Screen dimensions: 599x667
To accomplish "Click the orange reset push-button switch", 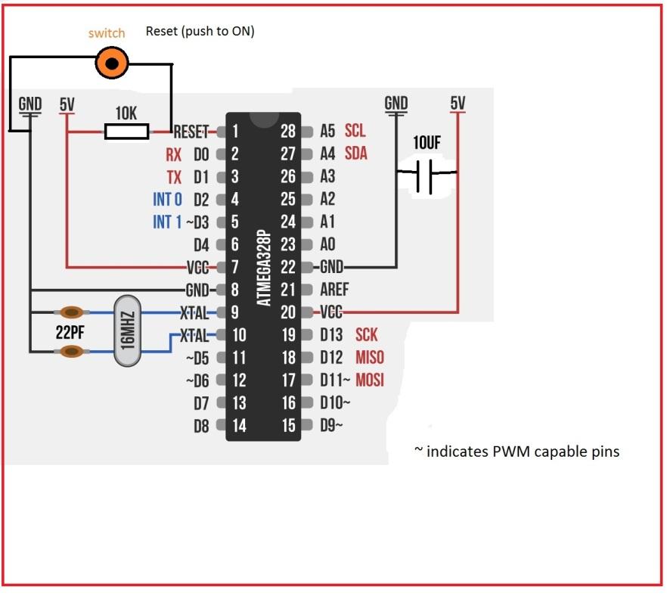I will click(x=112, y=64).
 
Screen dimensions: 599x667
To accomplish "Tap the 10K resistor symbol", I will click(x=126, y=132).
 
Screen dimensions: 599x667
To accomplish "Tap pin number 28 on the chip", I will click(x=288, y=132).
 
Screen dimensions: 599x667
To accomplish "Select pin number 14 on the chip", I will click(x=239, y=426).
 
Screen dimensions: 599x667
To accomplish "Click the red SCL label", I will click(x=355, y=132).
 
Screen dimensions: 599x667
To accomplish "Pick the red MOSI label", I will click(x=370, y=380).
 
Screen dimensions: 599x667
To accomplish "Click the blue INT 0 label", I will click(x=167, y=200).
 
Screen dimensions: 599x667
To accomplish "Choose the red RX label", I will click(x=174, y=155).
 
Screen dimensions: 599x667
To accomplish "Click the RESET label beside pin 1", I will click(x=190, y=132).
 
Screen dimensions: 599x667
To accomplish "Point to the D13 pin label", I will click(x=331, y=335).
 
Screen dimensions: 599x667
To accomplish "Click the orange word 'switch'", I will click(x=107, y=33).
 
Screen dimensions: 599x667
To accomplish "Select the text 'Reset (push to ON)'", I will click(x=200, y=32).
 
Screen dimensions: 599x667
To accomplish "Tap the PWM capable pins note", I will click(x=517, y=452).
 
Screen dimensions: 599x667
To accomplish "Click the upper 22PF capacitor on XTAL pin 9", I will click(x=72, y=312).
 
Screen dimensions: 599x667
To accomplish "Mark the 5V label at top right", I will click(x=458, y=103).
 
